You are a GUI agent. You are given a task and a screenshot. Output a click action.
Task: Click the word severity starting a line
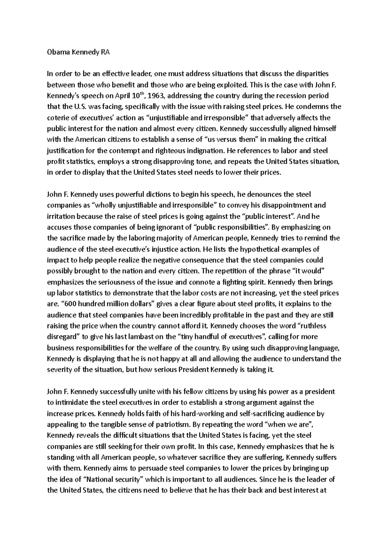(59, 370)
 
